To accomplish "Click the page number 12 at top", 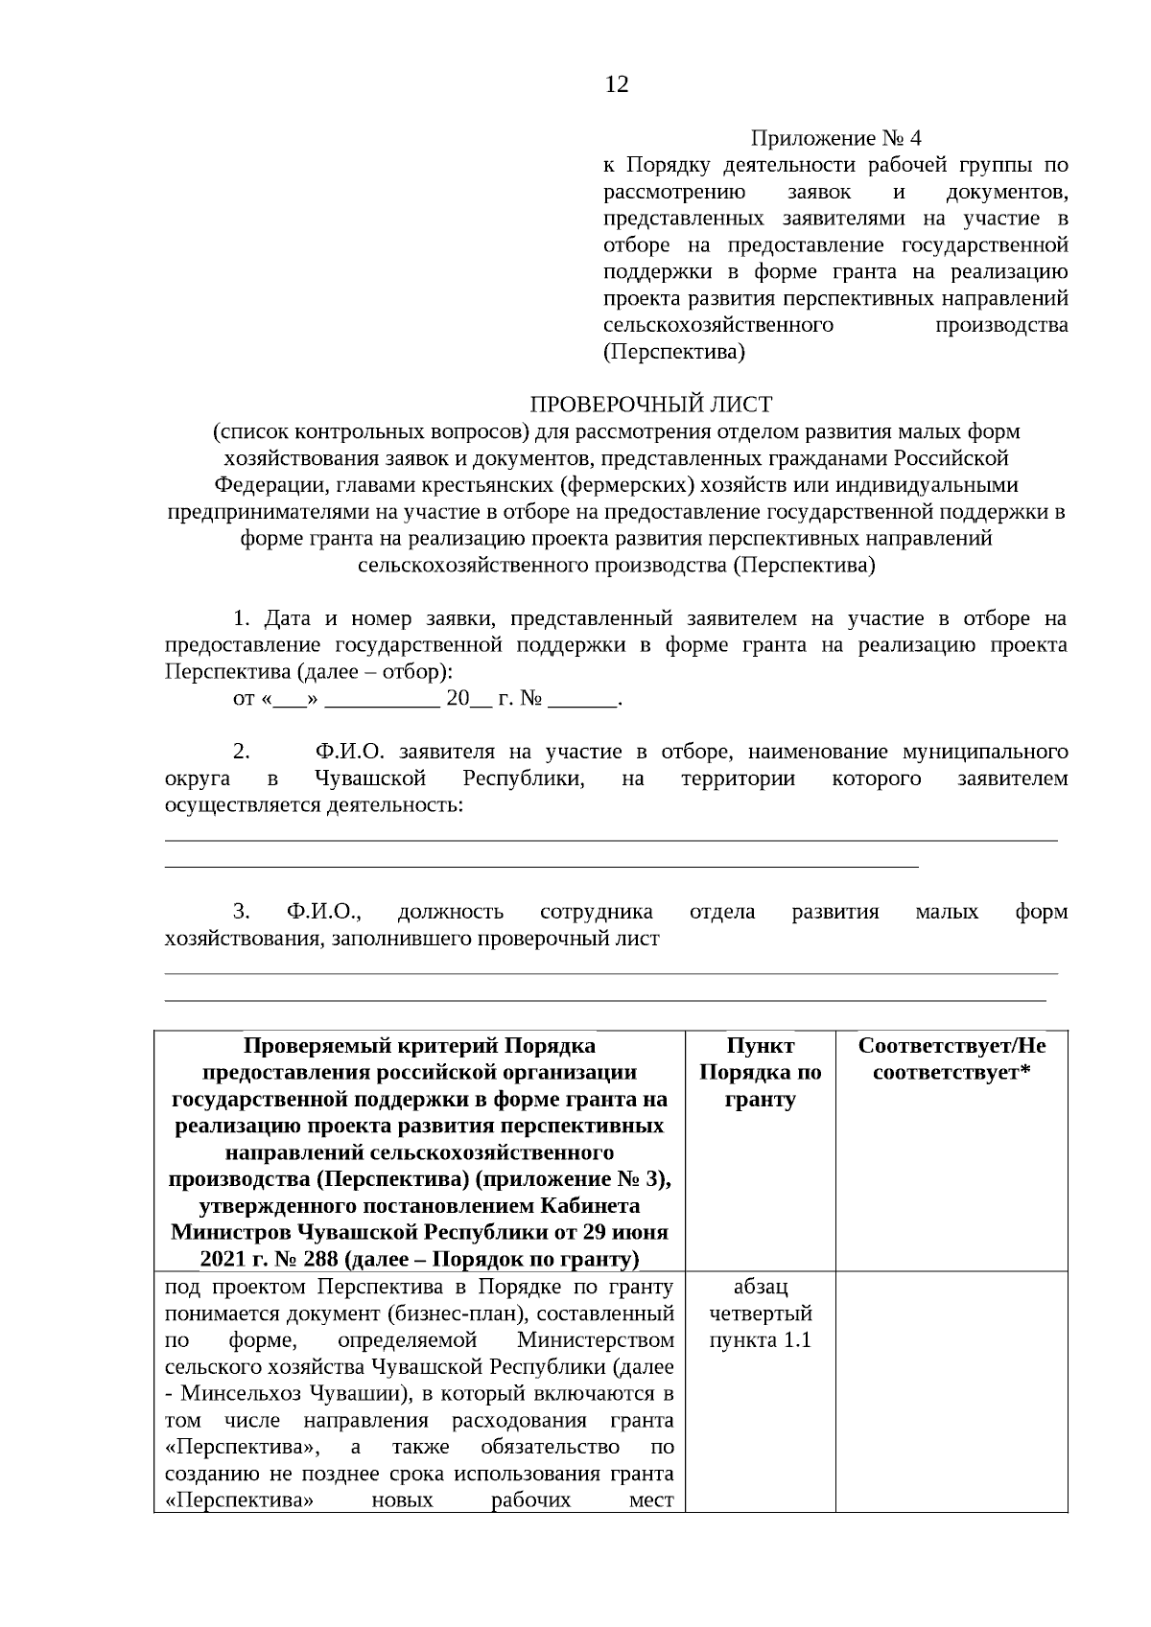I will click(617, 85).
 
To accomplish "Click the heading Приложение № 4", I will click(834, 139).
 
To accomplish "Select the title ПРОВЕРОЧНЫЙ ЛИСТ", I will click(651, 405).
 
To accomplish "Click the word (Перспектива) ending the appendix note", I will click(673, 352).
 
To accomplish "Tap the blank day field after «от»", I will click(289, 699).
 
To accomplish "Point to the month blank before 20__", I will click(382, 699).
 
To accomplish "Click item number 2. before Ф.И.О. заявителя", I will click(241, 751).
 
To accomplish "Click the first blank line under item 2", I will click(611, 840).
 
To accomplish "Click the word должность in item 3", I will click(450, 911).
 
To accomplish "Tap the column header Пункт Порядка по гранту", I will click(760, 1072).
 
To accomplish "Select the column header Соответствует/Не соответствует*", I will click(951, 1058).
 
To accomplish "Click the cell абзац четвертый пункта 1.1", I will click(760, 1313).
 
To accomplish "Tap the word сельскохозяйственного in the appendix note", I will click(717, 325).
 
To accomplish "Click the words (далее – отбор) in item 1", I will click(385, 671).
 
